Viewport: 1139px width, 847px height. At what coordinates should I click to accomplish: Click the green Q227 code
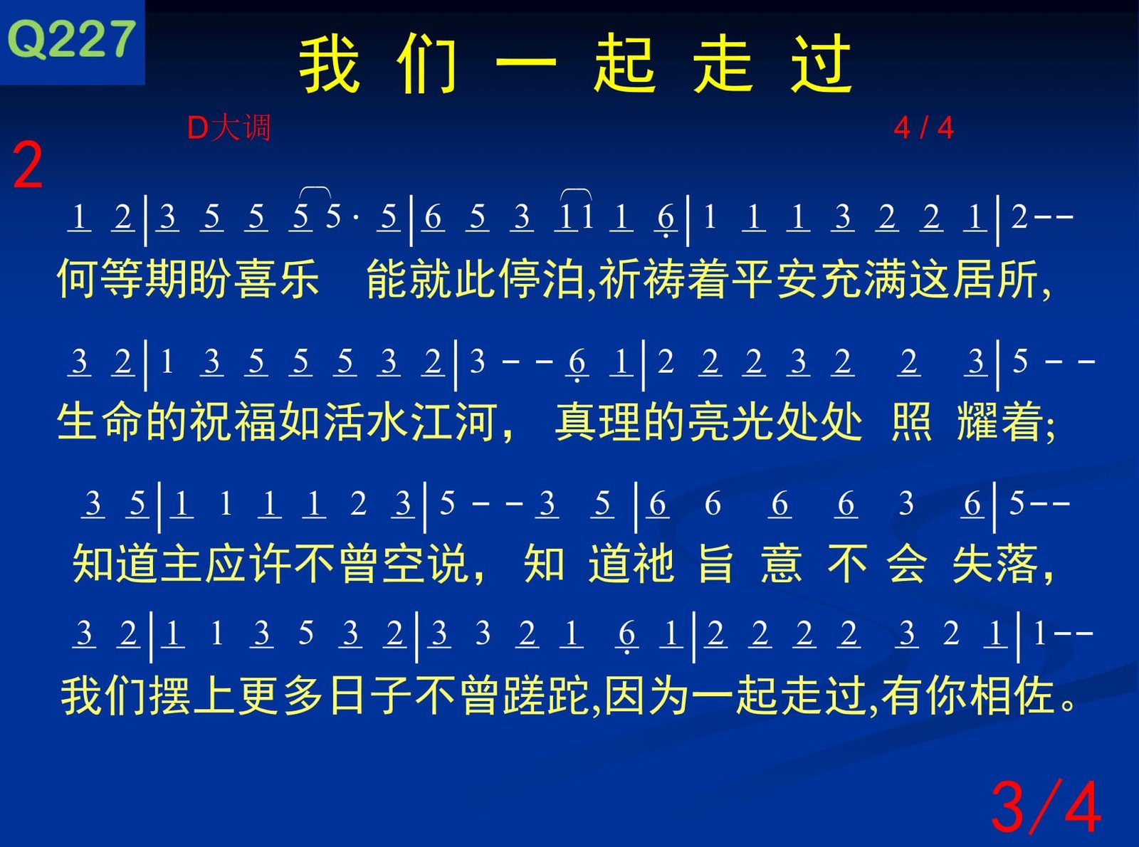(x=71, y=39)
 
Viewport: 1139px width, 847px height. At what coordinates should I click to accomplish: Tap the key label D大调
(x=229, y=127)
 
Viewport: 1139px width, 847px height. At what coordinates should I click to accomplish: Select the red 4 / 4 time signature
(x=924, y=127)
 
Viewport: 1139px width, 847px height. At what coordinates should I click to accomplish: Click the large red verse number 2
(x=27, y=165)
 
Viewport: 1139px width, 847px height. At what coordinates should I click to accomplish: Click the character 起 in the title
(x=624, y=64)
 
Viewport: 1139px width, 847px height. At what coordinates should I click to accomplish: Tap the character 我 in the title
(x=329, y=64)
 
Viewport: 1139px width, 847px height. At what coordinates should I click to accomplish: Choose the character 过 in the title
(x=821, y=64)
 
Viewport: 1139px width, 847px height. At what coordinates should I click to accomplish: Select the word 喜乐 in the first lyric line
(x=277, y=279)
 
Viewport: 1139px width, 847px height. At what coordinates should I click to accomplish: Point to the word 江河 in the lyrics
(x=454, y=421)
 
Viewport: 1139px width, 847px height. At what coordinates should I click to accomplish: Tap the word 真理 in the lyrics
(x=598, y=421)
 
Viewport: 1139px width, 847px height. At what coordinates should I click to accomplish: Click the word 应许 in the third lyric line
(x=249, y=564)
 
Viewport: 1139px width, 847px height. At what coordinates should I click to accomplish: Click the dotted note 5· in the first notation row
(x=342, y=216)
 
